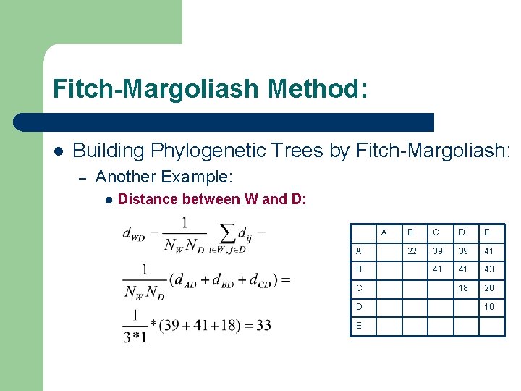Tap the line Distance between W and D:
tap(211, 199)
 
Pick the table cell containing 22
tap(412, 251)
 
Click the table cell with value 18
tap(462, 287)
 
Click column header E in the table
tap(487, 232)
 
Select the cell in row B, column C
tap(437, 269)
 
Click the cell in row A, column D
tap(462, 251)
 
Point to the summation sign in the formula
tap(226, 232)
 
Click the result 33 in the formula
tap(263, 325)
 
